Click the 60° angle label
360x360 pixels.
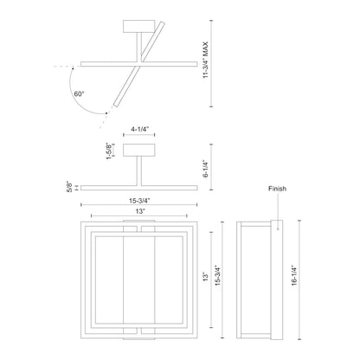pos(79,93)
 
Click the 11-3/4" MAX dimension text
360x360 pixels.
pos(205,60)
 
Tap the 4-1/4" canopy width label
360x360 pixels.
pos(139,129)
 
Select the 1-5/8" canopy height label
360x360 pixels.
pos(109,151)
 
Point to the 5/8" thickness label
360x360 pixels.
pos(69,187)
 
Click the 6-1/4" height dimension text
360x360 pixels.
pos(205,169)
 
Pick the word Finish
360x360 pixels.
pos(278,189)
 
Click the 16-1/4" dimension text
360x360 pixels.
pos(294,275)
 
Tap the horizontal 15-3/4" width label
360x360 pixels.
pos(139,201)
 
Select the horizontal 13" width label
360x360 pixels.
pos(140,211)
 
